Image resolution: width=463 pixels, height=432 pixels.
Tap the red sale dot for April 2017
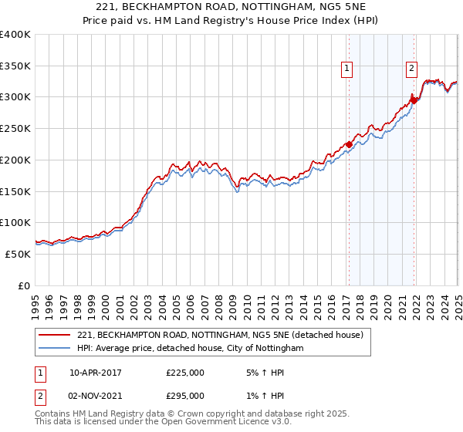point(349,144)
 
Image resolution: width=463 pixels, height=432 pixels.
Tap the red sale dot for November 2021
point(414,100)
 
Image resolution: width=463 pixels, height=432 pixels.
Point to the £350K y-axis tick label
point(15,66)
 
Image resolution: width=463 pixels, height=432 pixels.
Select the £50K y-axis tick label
point(18,254)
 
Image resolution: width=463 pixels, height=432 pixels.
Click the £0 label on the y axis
point(25,285)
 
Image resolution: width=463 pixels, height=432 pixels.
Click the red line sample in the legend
point(54,335)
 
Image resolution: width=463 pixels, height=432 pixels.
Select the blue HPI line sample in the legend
point(54,349)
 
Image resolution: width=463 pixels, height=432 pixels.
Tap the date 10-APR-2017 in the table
point(95,373)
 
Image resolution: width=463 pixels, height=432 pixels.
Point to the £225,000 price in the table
point(184,373)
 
